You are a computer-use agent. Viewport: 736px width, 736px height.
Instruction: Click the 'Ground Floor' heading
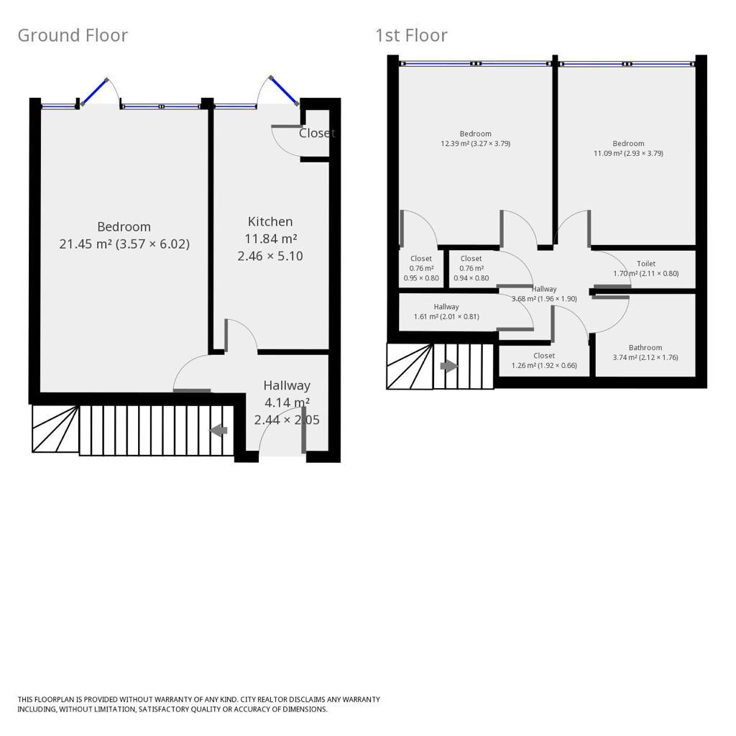click(73, 35)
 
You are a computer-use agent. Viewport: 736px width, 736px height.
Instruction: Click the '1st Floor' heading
click(411, 35)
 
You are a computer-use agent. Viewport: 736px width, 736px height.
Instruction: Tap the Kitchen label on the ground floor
click(270, 221)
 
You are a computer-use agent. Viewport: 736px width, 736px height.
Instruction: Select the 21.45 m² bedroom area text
click(124, 244)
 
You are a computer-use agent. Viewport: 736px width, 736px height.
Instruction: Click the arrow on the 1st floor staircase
click(449, 366)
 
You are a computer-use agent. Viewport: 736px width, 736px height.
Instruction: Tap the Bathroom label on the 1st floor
click(645, 348)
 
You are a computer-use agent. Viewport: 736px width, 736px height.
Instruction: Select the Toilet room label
click(645, 264)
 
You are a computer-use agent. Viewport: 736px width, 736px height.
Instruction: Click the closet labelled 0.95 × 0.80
click(421, 268)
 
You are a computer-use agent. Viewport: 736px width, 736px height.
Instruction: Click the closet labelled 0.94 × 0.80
click(471, 268)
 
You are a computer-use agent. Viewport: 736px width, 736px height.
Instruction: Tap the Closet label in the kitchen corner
click(317, 133)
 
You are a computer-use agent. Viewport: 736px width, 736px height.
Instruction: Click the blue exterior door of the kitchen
click(284, 91)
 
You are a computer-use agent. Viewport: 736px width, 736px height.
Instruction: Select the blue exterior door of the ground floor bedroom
click(94, 92)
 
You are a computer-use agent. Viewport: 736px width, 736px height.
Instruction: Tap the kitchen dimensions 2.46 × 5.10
click(270, 256)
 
